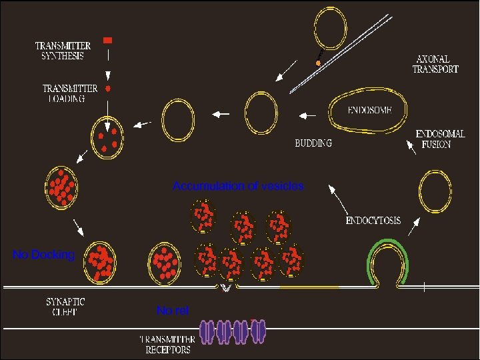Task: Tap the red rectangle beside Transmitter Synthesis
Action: pos(107,41)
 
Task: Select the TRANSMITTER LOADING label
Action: pos(70,93)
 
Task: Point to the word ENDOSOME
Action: pos(369,110)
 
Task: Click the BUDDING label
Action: pos(313,143)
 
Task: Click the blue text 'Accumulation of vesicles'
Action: pos(238,187)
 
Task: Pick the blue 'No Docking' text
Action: pos(44,254)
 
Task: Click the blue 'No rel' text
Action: pos(173,311)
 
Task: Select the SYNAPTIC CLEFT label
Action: pos(66,306)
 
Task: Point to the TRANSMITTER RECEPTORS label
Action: pos(167,344)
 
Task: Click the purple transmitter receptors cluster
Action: pos(233,331)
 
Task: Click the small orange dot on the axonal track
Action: pos(318,63)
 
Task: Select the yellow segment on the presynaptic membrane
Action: pos(309,287)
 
